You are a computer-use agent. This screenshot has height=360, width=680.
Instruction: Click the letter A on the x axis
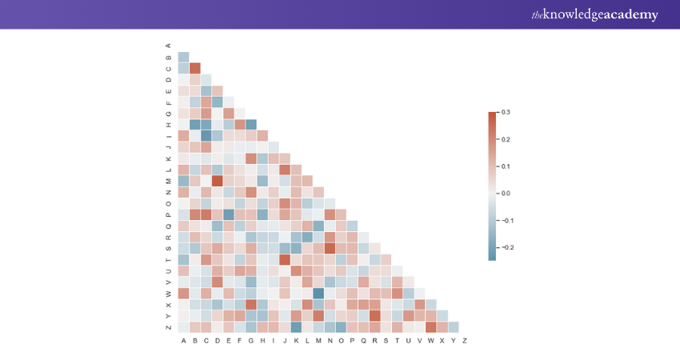(x=183, y=341)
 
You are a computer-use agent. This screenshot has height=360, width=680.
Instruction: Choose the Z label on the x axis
(x=465, y=341)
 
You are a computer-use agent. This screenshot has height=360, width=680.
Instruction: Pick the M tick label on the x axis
(x=318, y=341)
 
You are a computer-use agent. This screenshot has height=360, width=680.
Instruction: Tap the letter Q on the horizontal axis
(x=364, y=341)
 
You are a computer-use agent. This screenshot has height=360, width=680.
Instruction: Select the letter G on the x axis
(x=251, y=341)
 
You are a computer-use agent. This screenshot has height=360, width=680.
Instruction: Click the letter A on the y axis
(x=168, y=45)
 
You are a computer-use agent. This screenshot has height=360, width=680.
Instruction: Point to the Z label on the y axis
(x=168, y=326)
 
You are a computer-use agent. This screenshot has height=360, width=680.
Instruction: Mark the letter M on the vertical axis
(x=168, y=180)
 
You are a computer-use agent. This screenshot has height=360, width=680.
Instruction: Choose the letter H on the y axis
(x=168, y=124)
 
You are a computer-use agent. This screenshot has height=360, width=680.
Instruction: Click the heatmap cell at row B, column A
(x=183, y=57)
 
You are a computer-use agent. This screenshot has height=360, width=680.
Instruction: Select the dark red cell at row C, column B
(x=194, y=68)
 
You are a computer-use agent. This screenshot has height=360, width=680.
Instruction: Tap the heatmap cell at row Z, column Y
(x=454, y=326)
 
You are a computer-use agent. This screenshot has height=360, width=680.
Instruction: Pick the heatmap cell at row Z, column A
(x=183, y=326)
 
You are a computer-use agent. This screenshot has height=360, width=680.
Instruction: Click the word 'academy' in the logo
(x=627, y=15)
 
